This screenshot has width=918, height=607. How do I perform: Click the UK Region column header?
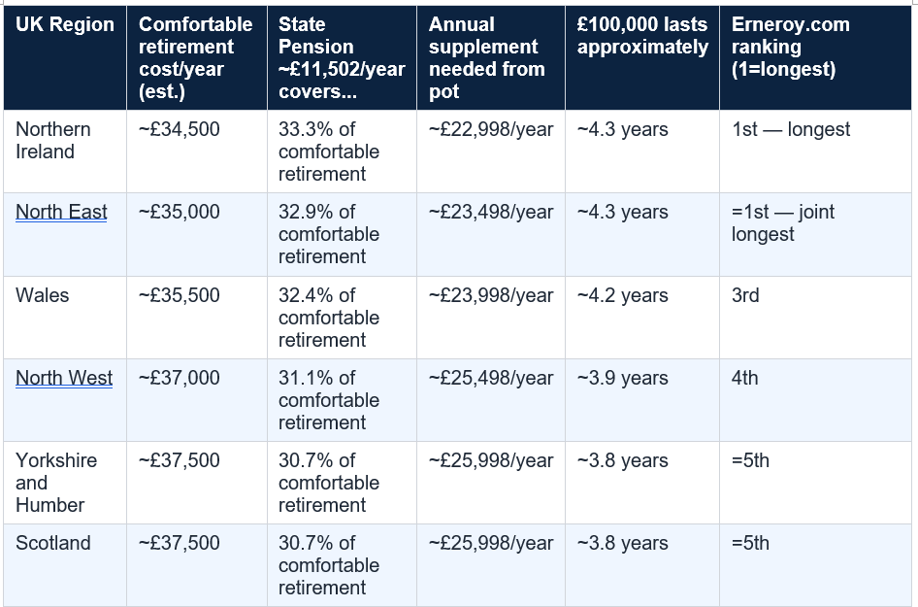[65, 24]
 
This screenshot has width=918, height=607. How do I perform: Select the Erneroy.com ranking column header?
[790, 47]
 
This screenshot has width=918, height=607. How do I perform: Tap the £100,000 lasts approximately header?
[642, 36]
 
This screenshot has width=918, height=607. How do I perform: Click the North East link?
[61, 212]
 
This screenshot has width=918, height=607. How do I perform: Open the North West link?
[64, 378]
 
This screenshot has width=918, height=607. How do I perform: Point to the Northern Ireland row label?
[53, 141]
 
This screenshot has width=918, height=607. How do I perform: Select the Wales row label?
[42, 295]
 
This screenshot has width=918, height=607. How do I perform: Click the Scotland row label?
[53, 543]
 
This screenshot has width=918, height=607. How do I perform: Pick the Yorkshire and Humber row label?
[56, 483]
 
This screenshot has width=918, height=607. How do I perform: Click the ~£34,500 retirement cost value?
[180, 129]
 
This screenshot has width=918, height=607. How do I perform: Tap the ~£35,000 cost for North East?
[180, 212]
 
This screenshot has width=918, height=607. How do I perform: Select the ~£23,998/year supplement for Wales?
[491, 295]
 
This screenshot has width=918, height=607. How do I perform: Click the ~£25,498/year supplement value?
[491, 378]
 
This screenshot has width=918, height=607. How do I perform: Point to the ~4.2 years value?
[622, 295]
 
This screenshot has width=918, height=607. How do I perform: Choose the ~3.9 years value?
[622, 378]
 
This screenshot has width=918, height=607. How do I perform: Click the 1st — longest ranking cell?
[791, 129]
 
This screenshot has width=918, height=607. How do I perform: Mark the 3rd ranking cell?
[745, 295]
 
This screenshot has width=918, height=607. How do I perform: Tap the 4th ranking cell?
[744, 378]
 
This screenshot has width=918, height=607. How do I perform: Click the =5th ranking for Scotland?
[750, 543]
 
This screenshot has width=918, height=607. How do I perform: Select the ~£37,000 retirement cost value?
[180, 378]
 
